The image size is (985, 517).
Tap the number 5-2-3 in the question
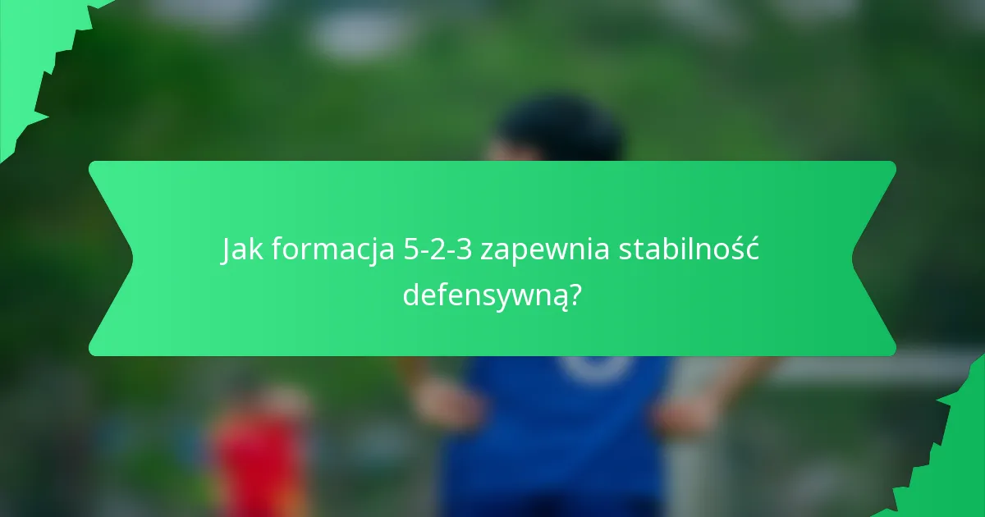438,251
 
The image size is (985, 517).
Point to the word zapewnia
545,251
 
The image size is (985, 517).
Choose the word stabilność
688,251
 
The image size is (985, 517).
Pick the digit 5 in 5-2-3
410,251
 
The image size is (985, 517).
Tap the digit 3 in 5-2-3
465,251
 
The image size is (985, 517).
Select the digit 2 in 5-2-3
438,251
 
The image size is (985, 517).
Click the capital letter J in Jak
227,251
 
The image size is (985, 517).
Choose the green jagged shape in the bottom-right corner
952,460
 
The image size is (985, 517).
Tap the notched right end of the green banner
874,258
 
